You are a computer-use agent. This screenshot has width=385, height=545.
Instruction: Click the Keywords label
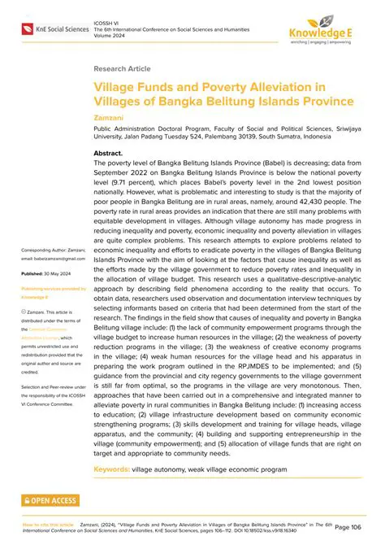(x=115, y=470)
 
